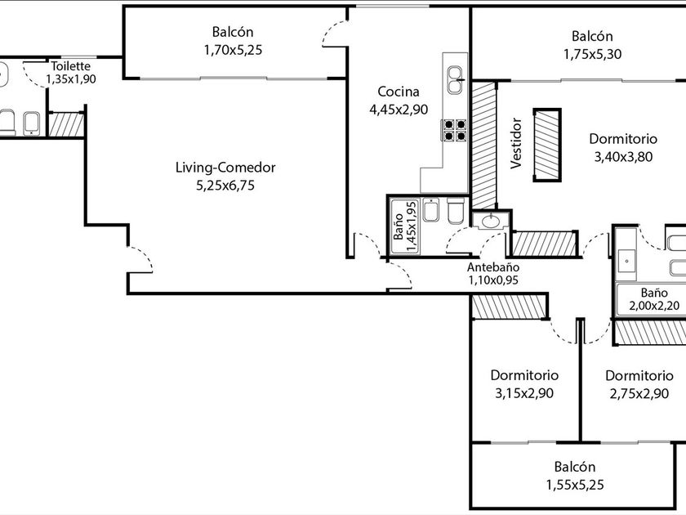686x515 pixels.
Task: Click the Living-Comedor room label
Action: (225, 168)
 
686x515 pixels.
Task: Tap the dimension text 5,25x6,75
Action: (225, 186)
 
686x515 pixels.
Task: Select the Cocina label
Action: (399, 92)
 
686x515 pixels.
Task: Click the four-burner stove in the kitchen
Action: (455, 131)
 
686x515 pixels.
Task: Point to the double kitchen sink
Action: (455, 80)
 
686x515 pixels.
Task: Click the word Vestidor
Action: (517, 143)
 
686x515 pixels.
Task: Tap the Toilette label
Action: (71, 66)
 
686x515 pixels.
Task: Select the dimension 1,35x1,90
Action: (71, 79)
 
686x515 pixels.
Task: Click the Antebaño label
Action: (493, 267)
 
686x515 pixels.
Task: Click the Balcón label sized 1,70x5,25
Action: (233, 32)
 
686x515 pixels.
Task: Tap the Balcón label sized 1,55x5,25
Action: (575, 467)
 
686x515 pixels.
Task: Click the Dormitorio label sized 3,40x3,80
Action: (623, 139)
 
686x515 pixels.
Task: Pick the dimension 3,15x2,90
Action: (524, 393)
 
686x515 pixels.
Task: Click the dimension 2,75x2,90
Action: (639, 393)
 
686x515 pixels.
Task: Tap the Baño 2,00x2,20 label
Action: (654, 299)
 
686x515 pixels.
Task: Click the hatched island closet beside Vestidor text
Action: (547, 145)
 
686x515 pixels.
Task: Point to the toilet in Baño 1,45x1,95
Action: (456, 211)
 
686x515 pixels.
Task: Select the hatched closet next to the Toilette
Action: (66, 125)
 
